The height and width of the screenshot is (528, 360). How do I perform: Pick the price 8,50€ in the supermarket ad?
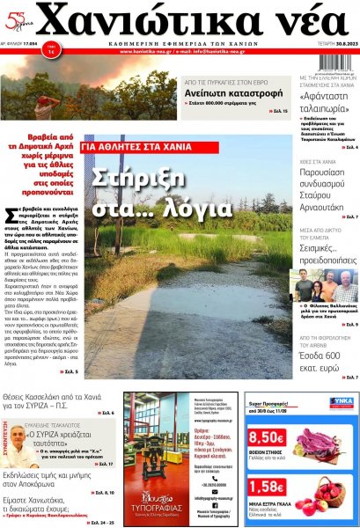(x=265, y=437)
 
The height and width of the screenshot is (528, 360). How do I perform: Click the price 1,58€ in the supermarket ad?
(x=265, y=486)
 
